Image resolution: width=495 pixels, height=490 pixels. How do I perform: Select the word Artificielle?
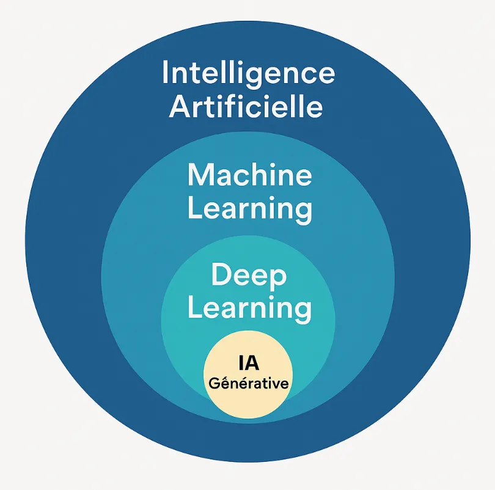[x=246, y=107]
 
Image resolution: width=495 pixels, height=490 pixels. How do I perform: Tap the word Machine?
[x=249, y=175]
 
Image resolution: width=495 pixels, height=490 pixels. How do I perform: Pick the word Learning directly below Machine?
[x=249, y=209]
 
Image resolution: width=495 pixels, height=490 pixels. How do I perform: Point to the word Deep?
[x=248, y=276]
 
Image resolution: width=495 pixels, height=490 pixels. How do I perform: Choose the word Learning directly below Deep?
[x=249, y=309]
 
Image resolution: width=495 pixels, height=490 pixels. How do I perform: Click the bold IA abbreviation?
[x=248, y=364]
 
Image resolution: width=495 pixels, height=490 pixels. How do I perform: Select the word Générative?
[x=248, y=384]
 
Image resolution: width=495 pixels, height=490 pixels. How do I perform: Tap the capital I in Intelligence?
[x=165, y=73]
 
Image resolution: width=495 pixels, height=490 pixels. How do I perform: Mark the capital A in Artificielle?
[x=180, y=107]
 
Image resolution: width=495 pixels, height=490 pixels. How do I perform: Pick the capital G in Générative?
[x=213, y=384]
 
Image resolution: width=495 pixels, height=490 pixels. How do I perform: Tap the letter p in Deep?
[x=277, y=279]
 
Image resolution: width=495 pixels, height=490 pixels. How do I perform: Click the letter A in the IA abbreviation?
[x=252, y=364]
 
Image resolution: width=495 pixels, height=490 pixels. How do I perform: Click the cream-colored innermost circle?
[x=248, y=403]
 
